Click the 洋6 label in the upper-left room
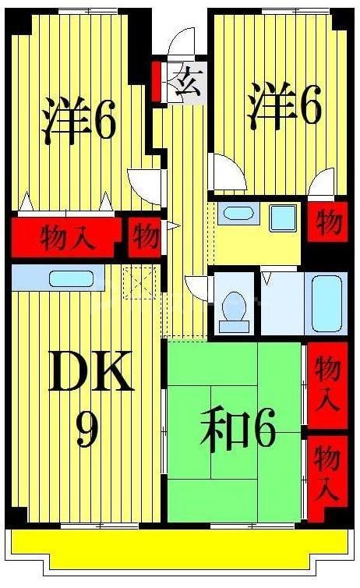(x=79, y=120)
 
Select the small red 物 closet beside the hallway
(x=145, y=236)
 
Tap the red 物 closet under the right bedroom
(x=329, y=222)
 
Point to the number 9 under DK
(x=86, y=430)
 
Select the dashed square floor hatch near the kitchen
(x=142, y=281)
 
